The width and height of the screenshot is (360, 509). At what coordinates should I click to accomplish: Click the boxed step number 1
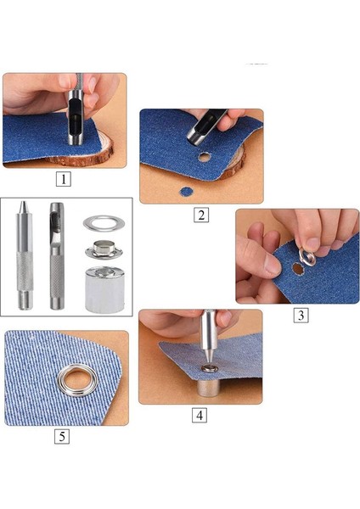pyautogui.click(x=64, y=179)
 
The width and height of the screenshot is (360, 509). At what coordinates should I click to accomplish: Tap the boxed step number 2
pyautogui.click(x=200, y=215)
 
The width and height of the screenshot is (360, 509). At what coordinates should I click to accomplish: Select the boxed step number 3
pyautogui.click(x=301, y=315)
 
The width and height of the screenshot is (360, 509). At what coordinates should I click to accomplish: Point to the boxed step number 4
pyautogui.click(x=199, y=416)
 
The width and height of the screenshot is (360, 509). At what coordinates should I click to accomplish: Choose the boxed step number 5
pyautogui.click(x=62, y=437)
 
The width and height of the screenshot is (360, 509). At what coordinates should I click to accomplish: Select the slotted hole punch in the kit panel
pyautogui.click(x=56, y=255)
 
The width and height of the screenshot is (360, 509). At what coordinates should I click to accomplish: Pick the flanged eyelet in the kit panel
pyautogui.click(x=104, y=249)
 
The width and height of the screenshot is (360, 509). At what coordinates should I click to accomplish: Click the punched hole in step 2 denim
pyautogui.click(x=205, y=156)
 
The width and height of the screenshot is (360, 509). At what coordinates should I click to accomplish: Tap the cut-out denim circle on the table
pyautogui.click(x=186, y=190)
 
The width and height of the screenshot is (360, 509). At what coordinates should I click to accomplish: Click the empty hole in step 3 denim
pyautogui.click(x=297, y=268)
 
